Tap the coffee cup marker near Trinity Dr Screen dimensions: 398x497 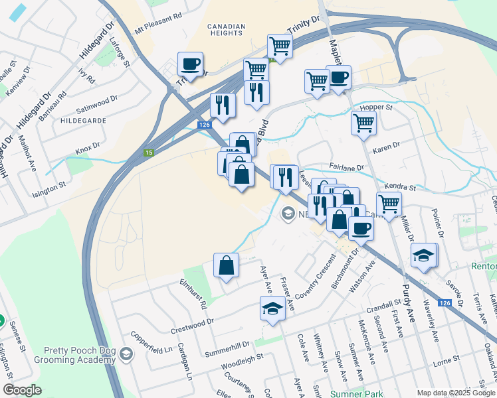tap(191, 64)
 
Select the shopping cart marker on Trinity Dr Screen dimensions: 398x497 tap(280, 46)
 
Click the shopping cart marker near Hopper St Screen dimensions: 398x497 tap(363, 122)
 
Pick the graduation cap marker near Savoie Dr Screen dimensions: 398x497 tap(423, 255)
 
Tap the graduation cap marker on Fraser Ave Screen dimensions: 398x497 tap(271, 308)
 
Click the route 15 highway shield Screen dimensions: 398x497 tap(149, 153)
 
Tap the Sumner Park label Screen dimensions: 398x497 tap(352, 393)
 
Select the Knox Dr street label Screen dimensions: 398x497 tap(87, 145)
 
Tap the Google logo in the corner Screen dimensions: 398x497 tap(23, 389)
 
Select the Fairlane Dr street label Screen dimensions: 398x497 tap(346, 168)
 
